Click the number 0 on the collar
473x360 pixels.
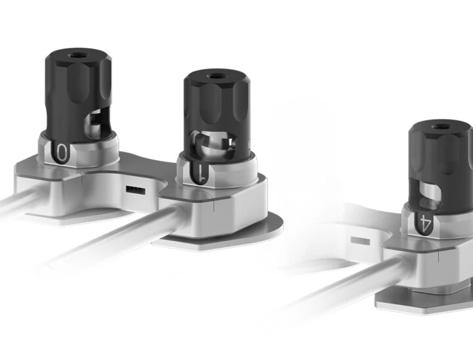(62, 152)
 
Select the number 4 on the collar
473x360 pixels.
(426, 223)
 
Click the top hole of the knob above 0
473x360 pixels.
(76, 56)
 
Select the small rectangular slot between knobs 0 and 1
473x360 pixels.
(135, 191)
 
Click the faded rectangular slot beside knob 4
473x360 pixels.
(360, 241)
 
